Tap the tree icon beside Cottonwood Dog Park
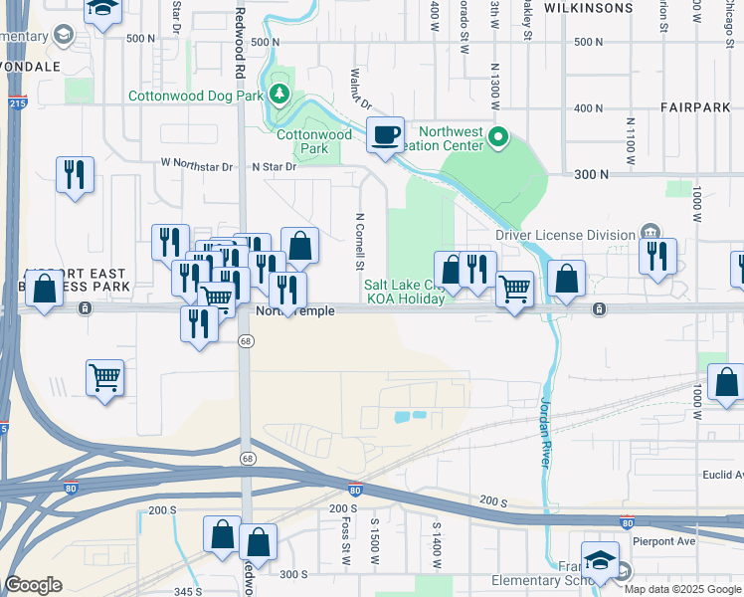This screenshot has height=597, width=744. (281, 96)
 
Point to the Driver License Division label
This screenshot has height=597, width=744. (565, 235)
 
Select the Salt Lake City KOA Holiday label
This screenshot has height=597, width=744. (404, 292)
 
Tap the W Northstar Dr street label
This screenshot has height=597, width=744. (196, 165)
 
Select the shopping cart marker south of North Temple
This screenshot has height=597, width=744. (104, 378)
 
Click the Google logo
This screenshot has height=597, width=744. (33, 585)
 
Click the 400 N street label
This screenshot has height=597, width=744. (589, 108)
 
